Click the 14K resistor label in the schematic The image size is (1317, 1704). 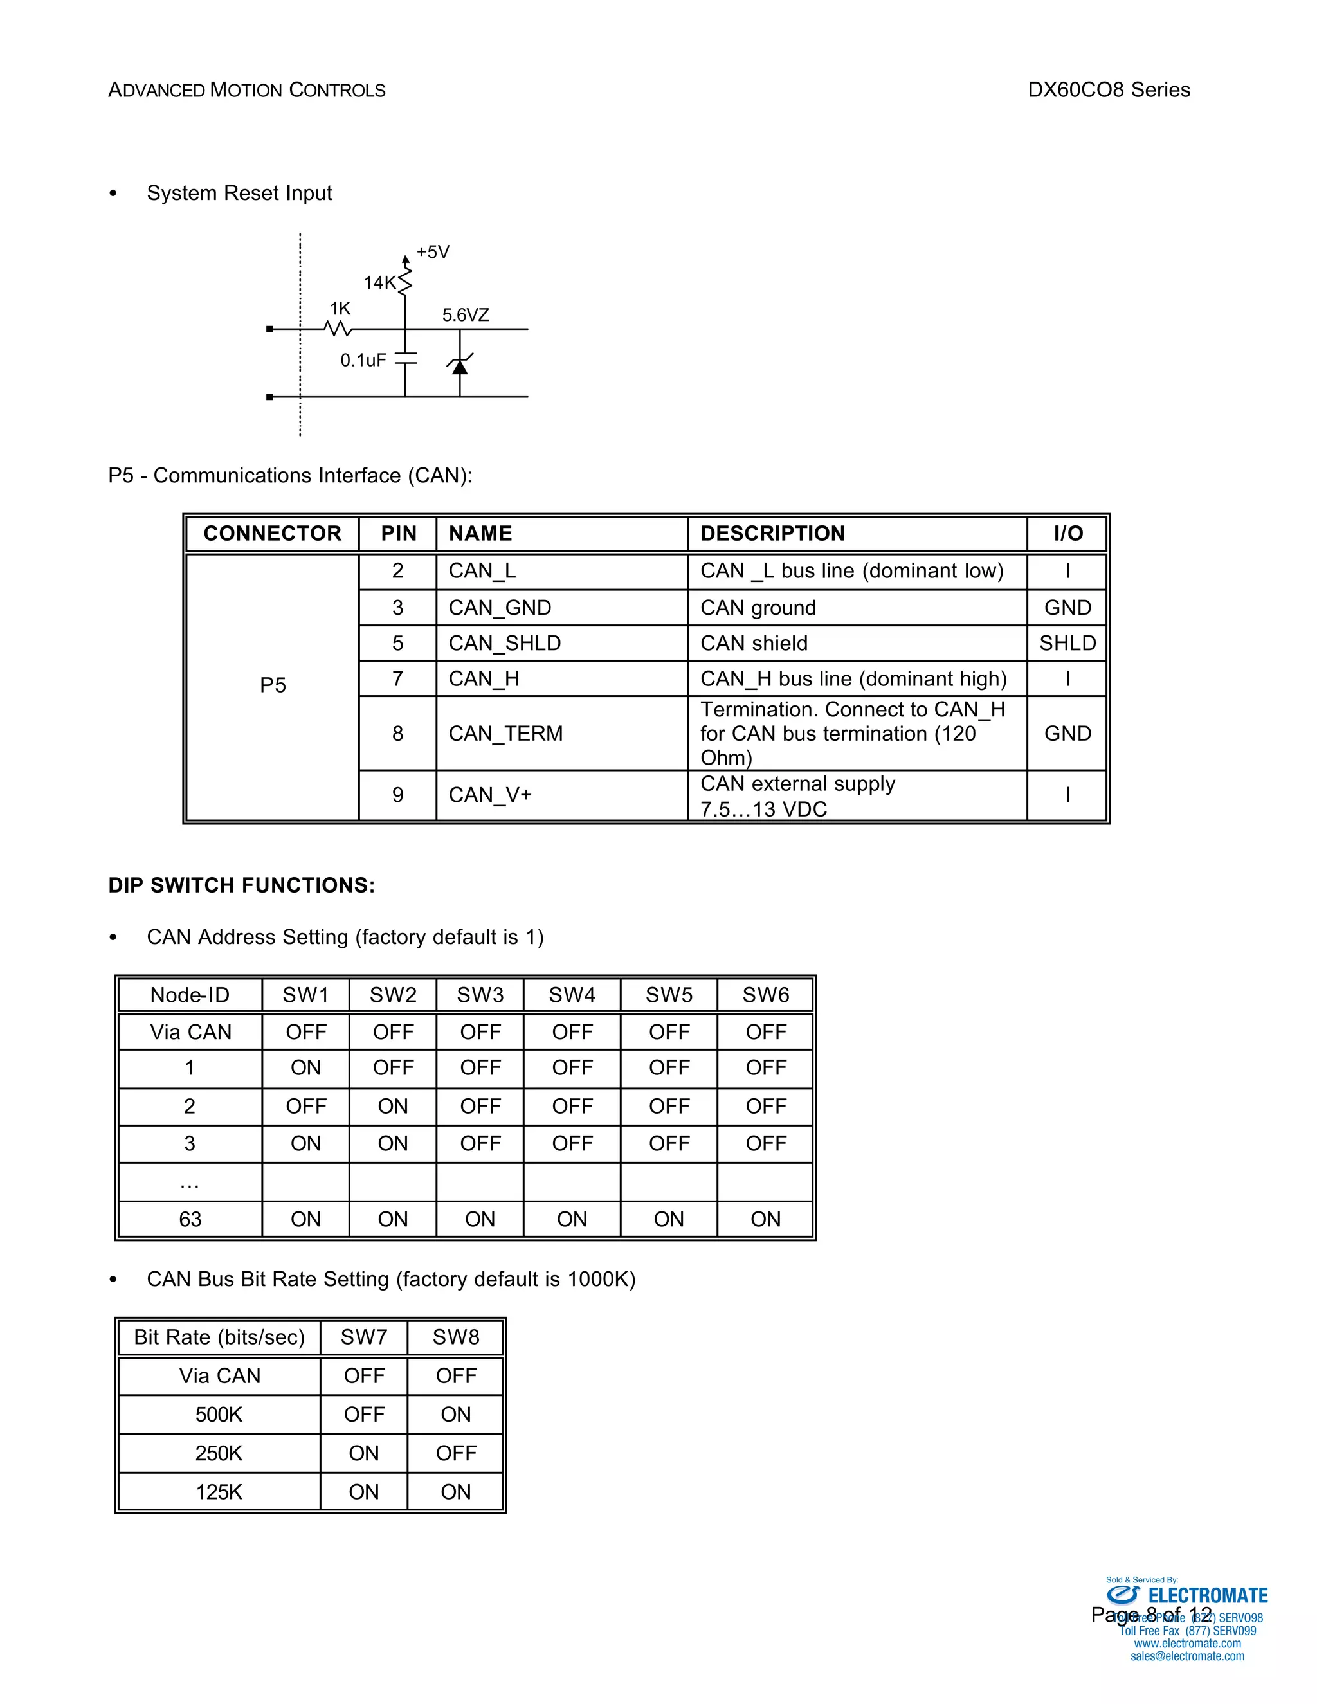click(379, 282)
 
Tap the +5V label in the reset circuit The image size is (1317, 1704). click(432, 252)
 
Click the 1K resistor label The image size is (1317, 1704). click(340, 309)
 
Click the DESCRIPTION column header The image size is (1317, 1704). click(772, 534)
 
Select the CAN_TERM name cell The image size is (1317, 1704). click(505, 734)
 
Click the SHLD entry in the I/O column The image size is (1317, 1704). click(1067, 643)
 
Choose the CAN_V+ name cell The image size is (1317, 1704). click(490, 795)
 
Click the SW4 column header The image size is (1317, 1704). click(572, 995)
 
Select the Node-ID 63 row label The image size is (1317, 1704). click(190, 1219)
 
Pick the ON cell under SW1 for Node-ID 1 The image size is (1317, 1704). click(306, 1067)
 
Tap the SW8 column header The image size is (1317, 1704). click(456, 1337)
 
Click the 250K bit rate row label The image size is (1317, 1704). click(219, 1453)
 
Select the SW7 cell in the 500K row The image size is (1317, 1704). click(363, 1414)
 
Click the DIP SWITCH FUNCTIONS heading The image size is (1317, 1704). click(242, 885)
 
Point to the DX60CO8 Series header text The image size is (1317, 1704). click(1109, 90)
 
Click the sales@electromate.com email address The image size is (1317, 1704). click(1186, 1656)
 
